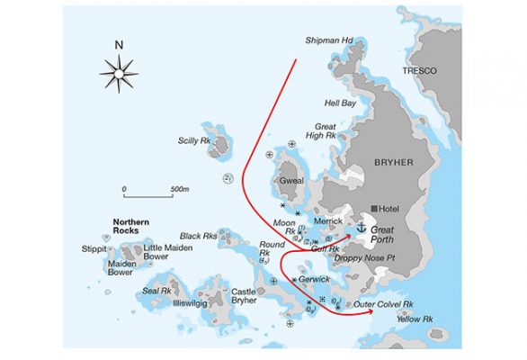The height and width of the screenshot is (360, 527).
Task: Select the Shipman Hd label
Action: tap(329, 40)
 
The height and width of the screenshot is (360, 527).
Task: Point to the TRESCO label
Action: tap(419, 70)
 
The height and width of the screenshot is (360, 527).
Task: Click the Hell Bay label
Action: tap(341, 103)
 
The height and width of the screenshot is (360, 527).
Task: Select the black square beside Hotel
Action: tap(373, 208)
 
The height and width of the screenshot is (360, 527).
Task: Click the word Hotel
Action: tap(392, 208)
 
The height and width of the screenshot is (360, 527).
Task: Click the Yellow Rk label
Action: tap(415, 319)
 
